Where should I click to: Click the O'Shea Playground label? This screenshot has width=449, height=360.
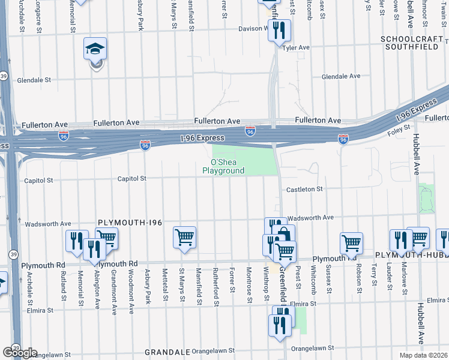pos(228,166)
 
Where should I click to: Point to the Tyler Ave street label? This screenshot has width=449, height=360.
pos(295,47)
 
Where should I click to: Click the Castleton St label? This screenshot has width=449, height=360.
pos(304,189)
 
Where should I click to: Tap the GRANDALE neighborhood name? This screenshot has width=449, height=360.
pos(165,352)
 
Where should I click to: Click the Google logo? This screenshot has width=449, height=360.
pos(19,352)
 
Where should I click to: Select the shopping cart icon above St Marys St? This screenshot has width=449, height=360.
pos(184,236)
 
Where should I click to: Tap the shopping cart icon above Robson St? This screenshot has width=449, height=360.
pos(351,242)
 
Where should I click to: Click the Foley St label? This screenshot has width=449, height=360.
pos(399,127)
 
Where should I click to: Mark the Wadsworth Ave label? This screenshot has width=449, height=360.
pos(310,218)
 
